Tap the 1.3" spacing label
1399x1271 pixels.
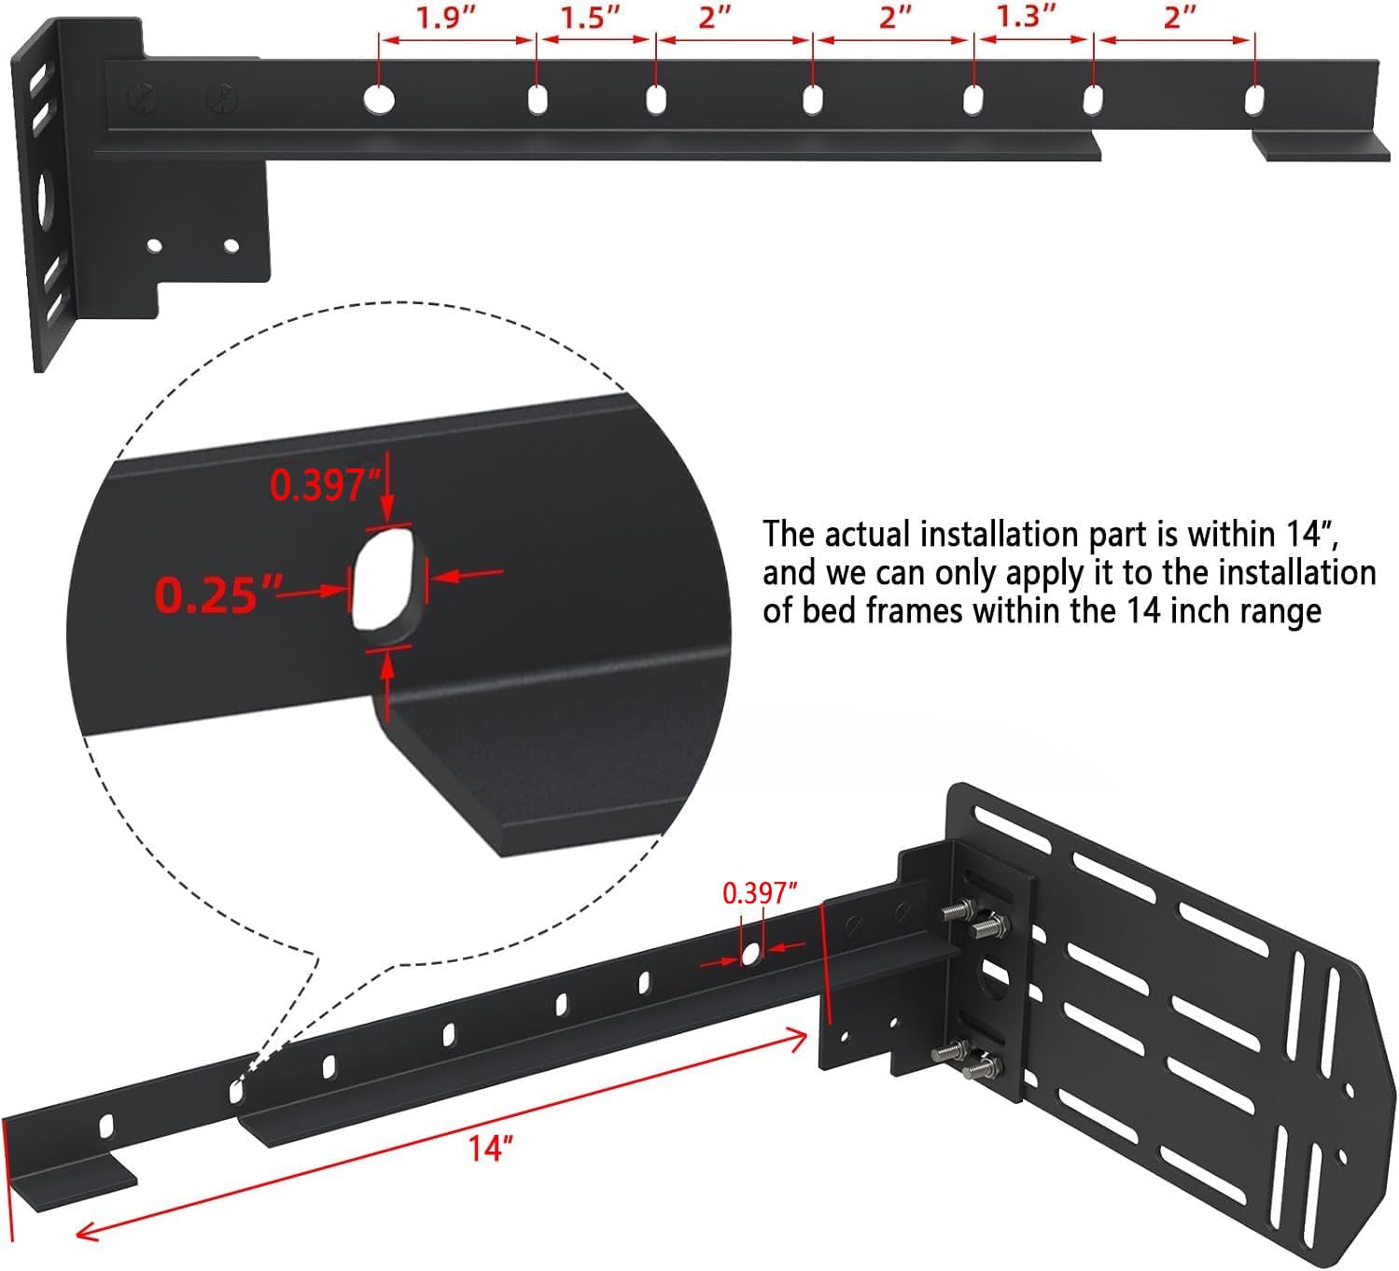click(x=1027, y=17)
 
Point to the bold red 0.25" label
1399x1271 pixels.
click(x=218, y=594)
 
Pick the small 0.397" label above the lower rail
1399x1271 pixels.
click(x=760, y=893)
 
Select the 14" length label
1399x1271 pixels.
click(x=492, y=1148)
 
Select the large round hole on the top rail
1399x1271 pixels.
click(x=379, y=98)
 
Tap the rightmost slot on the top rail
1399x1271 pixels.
click(x=1255, y=99)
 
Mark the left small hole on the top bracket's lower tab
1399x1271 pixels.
click(x=155, y=246)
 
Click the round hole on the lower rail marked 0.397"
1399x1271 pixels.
click(x=750, y=954)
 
